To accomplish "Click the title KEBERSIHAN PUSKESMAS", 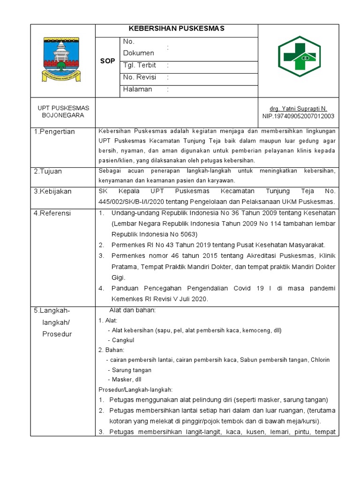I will [177, 29].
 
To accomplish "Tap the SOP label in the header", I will [107, 61].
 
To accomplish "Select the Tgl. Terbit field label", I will [140, 65].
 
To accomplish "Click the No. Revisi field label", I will [140, 77].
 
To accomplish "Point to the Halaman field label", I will [137, 89].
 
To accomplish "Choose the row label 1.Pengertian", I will [54, 132].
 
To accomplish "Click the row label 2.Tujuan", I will [49, 172].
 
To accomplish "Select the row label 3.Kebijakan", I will [53, 192].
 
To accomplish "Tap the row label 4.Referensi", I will [52, 213].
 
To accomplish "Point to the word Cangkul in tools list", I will [123, 340].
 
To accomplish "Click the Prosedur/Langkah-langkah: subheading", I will [135, 390].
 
